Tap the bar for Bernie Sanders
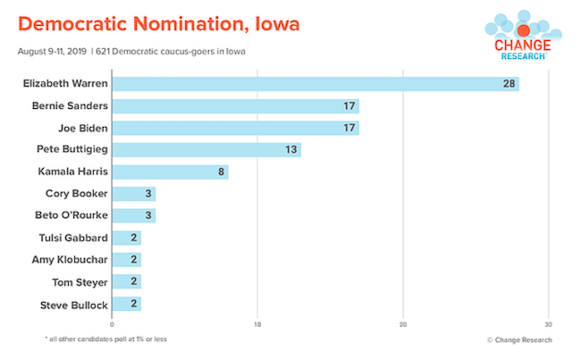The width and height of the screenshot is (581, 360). click(235, 106)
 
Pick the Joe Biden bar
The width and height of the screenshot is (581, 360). click(235, 128)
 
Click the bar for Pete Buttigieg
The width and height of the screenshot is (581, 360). click(206, 149)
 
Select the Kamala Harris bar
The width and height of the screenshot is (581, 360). click(170, 172)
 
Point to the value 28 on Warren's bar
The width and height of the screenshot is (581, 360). click(508, 84)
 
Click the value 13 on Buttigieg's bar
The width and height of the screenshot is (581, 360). click(290, 149)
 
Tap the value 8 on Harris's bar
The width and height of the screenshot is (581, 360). click(221, 172)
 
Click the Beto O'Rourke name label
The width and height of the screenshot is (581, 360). click(72, 216)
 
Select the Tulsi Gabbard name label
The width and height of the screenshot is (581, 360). click(74, 239)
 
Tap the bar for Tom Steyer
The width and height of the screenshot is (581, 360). click(126, 283)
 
